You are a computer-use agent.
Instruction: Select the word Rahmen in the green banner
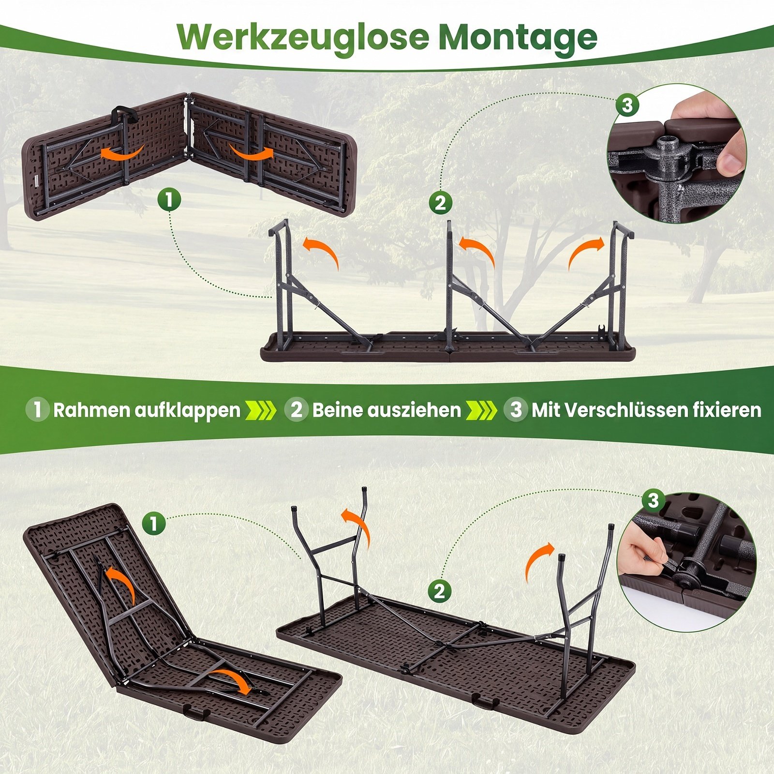pyautogui.click(x=91, y=410)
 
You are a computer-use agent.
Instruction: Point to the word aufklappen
pyautogui.click(x=187, y=411)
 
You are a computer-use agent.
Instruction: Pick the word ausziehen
pyautogui.click(x=414, y=410)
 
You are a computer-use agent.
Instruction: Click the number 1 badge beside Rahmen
pyautogui.click(x=37, y=409)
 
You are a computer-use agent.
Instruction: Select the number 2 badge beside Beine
pyautogui.click(x=297, y=409)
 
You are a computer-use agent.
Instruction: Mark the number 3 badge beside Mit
pyautogui.click(x=516, y=409)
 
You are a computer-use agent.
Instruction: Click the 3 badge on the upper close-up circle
pyautogui.click(x=627, y=104)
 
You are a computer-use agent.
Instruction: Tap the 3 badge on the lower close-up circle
pyautogui.click(x=654, y=500)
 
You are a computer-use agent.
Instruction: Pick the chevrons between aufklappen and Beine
pyautogui.click(x=261, y=410)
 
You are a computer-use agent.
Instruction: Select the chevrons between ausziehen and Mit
pyautogui.click(x=481, y=410)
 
